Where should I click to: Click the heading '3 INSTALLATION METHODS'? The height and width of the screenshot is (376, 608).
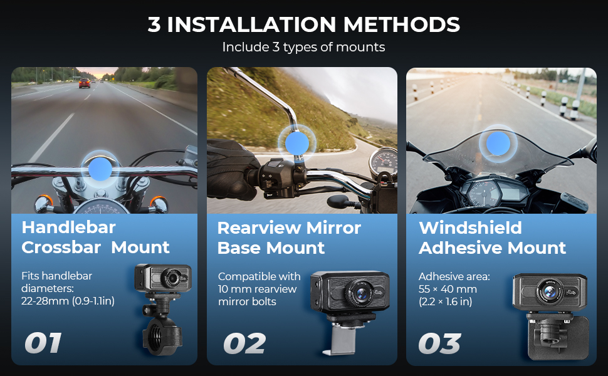click(303, 24)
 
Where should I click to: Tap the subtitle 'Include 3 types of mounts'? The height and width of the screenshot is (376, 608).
click(303, 47)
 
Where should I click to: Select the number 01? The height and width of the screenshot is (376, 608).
click(43, 343)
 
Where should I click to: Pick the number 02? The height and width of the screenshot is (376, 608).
click(244, 343)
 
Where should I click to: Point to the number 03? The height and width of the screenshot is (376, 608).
click(440, 343)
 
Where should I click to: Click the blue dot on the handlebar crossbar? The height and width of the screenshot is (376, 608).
click(100, 169)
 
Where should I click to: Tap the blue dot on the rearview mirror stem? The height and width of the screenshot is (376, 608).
click(297, 143)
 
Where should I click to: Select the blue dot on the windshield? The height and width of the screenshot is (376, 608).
click(498, 144)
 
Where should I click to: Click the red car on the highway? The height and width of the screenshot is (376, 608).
click(84, 83)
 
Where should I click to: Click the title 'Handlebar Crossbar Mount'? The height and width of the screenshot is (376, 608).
click(95, 238)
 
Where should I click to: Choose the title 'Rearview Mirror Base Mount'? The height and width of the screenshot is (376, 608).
click(289, 238)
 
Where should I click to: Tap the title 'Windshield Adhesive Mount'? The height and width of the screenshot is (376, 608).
click(493, 238)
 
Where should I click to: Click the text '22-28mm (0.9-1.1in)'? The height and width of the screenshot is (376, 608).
click(68, 301)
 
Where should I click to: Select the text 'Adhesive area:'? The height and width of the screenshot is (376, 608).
click(454, 276)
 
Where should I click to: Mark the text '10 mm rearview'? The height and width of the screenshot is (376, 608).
click(257, 289)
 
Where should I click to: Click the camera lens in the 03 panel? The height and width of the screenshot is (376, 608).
click(550, 291)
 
